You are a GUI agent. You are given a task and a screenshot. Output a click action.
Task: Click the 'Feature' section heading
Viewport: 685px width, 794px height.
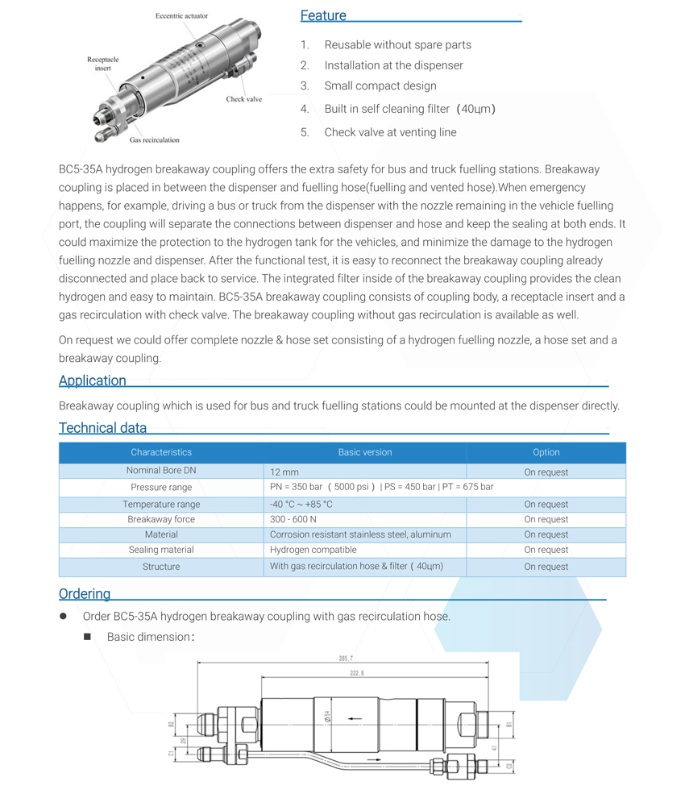(x=323, y=15)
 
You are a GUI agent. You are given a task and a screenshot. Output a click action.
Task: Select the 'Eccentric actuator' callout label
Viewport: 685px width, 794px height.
(x=182, y=16)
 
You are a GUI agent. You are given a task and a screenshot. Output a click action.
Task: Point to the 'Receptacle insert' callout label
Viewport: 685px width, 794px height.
(x=102, y=64)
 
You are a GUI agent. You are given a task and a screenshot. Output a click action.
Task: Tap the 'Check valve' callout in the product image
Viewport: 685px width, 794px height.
(x=243, y=99)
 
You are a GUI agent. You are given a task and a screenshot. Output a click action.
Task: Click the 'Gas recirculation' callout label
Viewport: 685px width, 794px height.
(x=155, y=139)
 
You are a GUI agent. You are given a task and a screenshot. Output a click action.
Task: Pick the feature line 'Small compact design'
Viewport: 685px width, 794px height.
(x=380, y=86)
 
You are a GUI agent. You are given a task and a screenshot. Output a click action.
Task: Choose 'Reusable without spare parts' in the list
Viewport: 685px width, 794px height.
(x=397, y=45)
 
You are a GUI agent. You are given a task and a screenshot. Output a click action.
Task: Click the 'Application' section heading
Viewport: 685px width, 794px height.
(x=93, y=380)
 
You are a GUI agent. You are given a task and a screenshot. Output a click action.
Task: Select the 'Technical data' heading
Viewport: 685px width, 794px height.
(x=102, y=428)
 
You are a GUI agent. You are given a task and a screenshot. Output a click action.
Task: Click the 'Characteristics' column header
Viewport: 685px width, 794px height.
(x=161, y=452)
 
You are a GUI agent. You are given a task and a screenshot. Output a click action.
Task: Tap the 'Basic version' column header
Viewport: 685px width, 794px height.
(x=365, y=452)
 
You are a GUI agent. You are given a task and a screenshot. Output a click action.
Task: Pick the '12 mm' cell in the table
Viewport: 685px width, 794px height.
(x=284, y=472)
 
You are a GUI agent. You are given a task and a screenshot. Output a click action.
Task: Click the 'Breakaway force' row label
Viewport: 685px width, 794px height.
(x=161, y=519)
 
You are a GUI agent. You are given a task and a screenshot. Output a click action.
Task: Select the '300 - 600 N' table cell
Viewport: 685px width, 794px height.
(x=293, y=519)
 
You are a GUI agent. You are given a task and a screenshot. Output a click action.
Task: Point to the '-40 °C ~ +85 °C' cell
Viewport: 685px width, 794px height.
(x=301, y=504)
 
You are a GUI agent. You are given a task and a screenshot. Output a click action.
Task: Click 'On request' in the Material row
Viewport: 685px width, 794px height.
(x=546, y=534)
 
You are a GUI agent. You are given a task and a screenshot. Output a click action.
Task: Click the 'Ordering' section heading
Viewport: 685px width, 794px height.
(x=85, y=594)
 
